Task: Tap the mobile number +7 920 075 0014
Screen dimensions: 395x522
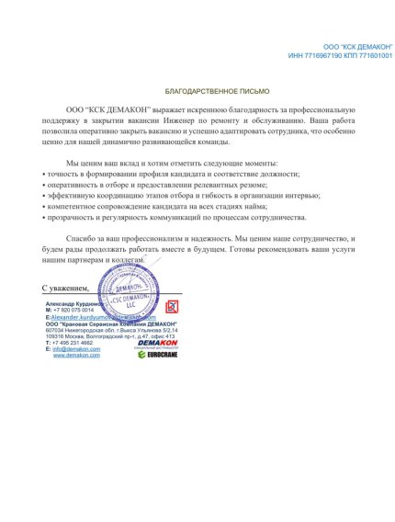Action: [79, 311]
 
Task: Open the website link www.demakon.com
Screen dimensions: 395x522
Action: [75, 356]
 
